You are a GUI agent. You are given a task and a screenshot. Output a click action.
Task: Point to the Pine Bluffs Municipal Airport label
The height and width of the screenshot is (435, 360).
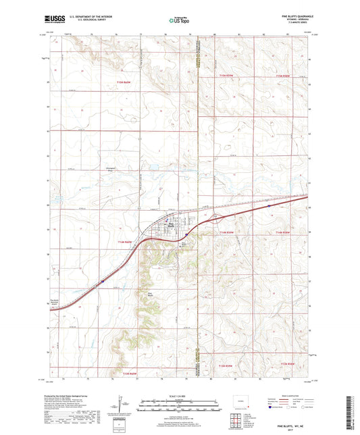[x=56, y=302]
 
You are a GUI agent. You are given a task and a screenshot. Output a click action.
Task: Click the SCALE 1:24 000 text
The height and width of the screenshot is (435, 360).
[x=180, y=394]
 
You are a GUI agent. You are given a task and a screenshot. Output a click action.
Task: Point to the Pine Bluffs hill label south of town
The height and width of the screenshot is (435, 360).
[x=149, y=294]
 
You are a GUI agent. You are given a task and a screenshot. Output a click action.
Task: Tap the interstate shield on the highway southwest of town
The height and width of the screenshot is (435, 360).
[x=103, y=276]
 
